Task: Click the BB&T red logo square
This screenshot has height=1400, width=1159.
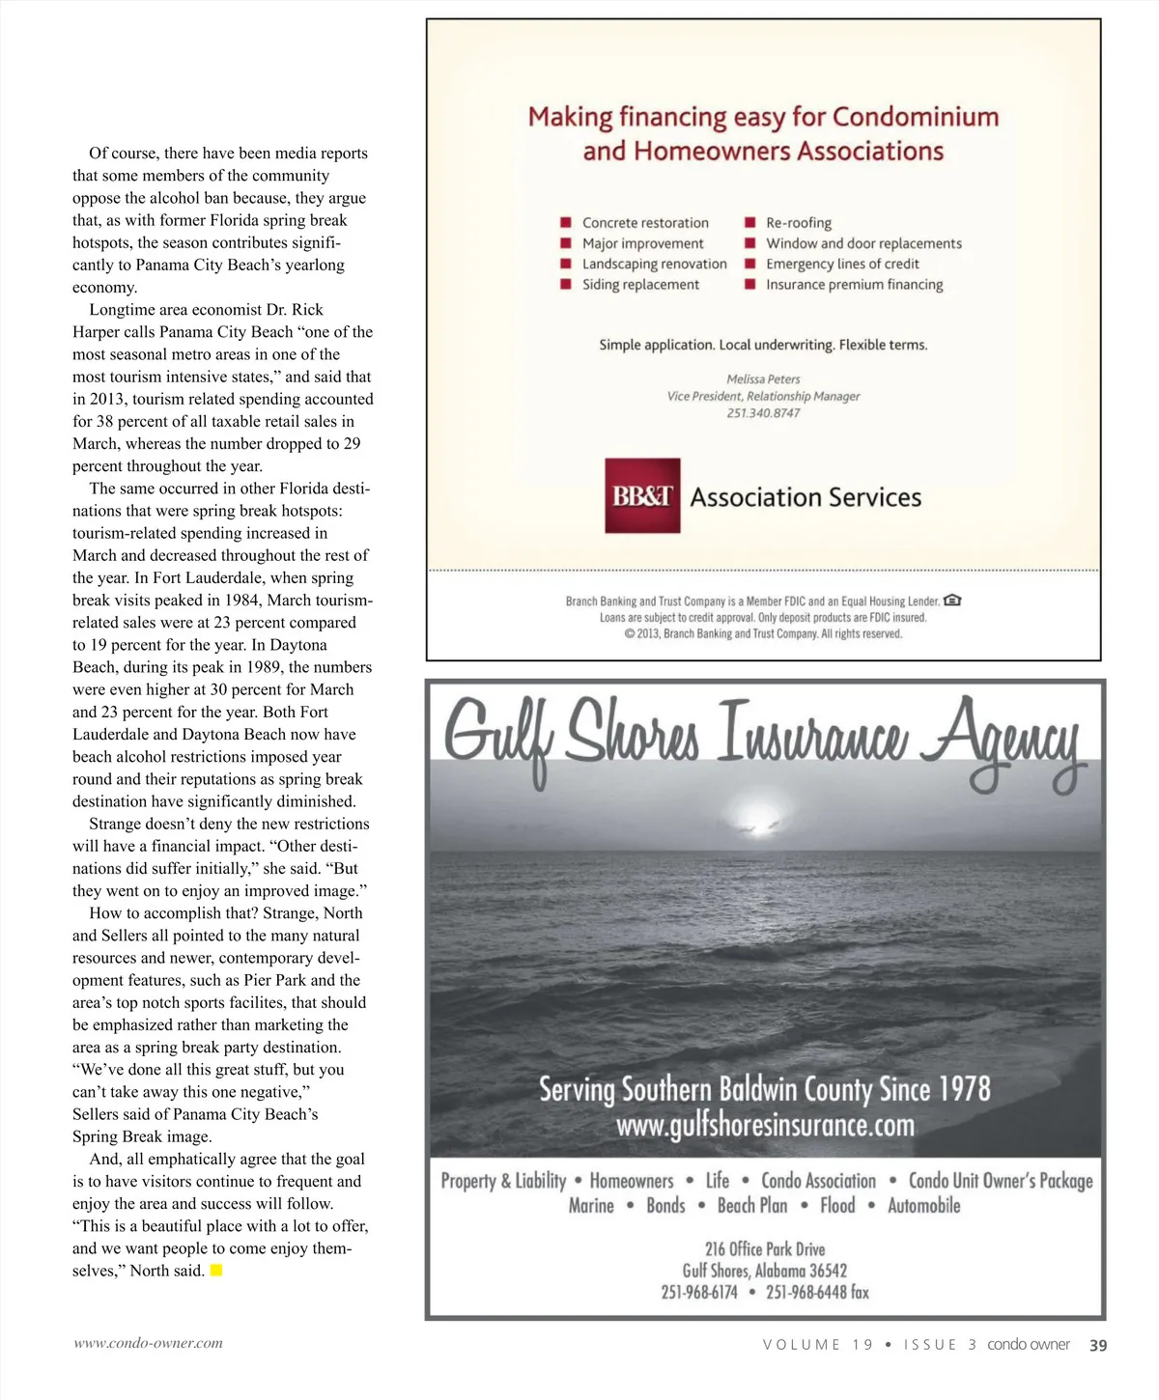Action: [x=642, y=495]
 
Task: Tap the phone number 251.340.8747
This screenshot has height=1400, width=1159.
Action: [x=763, y=413]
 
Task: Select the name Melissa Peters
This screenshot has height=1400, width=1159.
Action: [x=763, y=379]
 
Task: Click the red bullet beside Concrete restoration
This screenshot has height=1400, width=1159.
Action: [x=566, y=223]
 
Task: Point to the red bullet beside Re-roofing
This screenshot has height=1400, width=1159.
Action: [x=749, y=223]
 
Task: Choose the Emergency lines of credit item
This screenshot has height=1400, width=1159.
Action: [x=841, y=264]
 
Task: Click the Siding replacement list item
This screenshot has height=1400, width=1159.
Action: [x=640, y=285]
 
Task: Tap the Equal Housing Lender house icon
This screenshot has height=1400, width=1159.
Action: [x=952, y=601]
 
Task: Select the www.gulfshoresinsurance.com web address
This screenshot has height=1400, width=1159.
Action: [x=765, y=1126]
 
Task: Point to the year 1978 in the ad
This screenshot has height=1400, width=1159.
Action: [x=964, y=1090]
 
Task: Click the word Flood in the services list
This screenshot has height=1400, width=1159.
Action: [x=837, y=1206]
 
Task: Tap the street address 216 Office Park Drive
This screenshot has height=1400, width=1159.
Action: [x=765, y=1249]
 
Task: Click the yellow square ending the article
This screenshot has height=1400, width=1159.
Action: [x=216, y=1271]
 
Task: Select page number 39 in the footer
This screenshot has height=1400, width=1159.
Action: [x=1098, y=1345]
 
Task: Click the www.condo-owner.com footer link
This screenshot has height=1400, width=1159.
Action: [x=149, y=1343]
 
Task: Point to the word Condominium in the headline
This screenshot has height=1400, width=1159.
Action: [x=915, y=117]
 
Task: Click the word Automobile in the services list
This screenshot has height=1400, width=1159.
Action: [x=923, y=1206]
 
